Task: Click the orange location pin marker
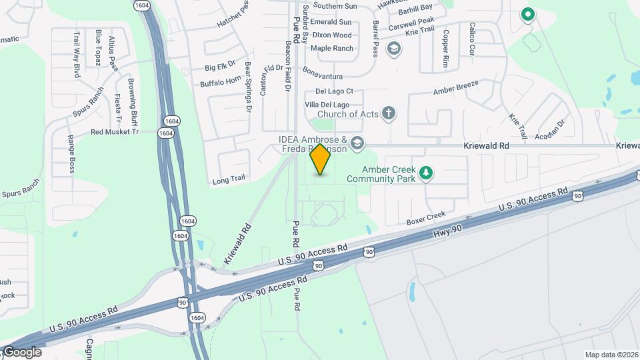point(321,159)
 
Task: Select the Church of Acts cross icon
point(389,114)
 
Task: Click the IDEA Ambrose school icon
point(357,143)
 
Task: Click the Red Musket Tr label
point(114,132)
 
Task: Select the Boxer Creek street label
point(426,216)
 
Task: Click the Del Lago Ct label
point(334,91)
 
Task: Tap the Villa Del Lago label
point(327,105)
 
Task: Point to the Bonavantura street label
point(322,69)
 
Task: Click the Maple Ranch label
point(331,48)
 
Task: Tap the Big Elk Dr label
point(221,67)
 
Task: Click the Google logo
point(21,352)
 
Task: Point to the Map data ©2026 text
point(611,355)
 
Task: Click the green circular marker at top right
point(527,13)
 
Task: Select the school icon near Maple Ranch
point(394,48)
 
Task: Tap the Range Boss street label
point(71,154)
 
